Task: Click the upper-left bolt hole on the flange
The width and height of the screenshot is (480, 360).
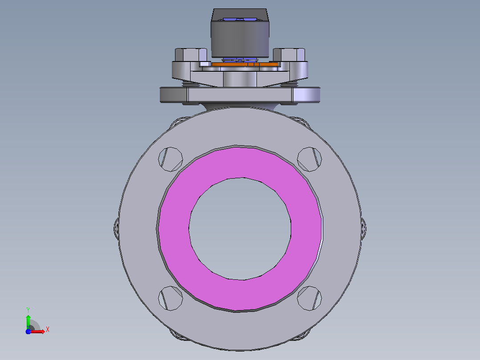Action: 171,160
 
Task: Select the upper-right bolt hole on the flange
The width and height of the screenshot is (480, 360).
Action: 309,160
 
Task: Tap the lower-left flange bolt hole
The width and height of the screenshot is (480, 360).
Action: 171,298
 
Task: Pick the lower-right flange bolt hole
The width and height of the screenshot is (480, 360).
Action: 309,298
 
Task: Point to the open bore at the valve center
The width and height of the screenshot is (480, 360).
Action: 240,229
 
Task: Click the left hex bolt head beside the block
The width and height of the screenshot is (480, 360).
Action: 191,55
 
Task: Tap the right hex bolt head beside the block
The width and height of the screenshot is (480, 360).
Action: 289,55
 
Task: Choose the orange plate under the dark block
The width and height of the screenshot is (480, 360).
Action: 245,64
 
